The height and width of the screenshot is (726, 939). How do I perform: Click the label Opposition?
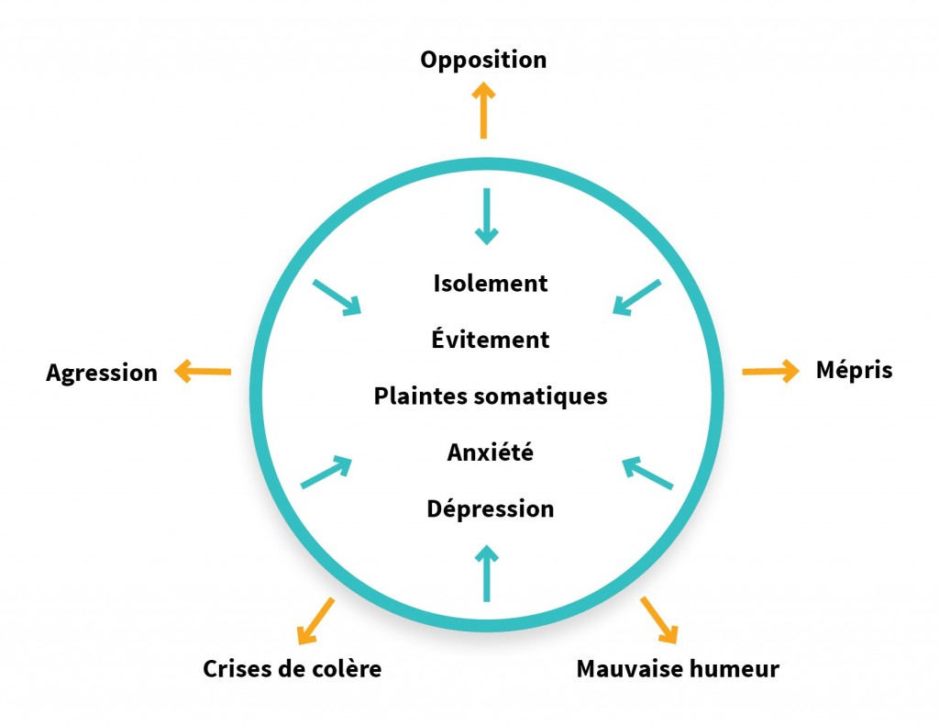pyautogui.click(x=483, y=61)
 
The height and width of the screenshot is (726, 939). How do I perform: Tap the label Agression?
pyautogui.click(x=102, y=374)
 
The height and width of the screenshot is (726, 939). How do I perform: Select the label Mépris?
pyautogui.click(x=854, y=371)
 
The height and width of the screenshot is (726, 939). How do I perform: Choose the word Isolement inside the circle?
pyautogui.click(x=491, y=284)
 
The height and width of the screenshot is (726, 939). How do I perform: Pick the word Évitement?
pyautogui.click(x=491, y=340)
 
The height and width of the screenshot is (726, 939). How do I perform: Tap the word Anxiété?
pyautogui.click(x=491, y=452)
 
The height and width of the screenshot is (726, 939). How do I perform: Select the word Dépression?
pyautogui.click(x=491, y=508)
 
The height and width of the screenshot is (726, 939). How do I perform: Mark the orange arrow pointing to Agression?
pyautogui.click(x=203, y=372)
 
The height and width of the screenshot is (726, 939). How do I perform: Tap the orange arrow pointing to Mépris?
pyautogui.click(x=770, y=372)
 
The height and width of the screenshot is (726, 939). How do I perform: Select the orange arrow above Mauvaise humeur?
pyautogui.click(x=659, y=620)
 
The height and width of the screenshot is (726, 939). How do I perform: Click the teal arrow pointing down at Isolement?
pyautogui.click(x=487, y=216)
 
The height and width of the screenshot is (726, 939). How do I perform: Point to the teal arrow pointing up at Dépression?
pyautogui.click(x=487, y=574)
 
